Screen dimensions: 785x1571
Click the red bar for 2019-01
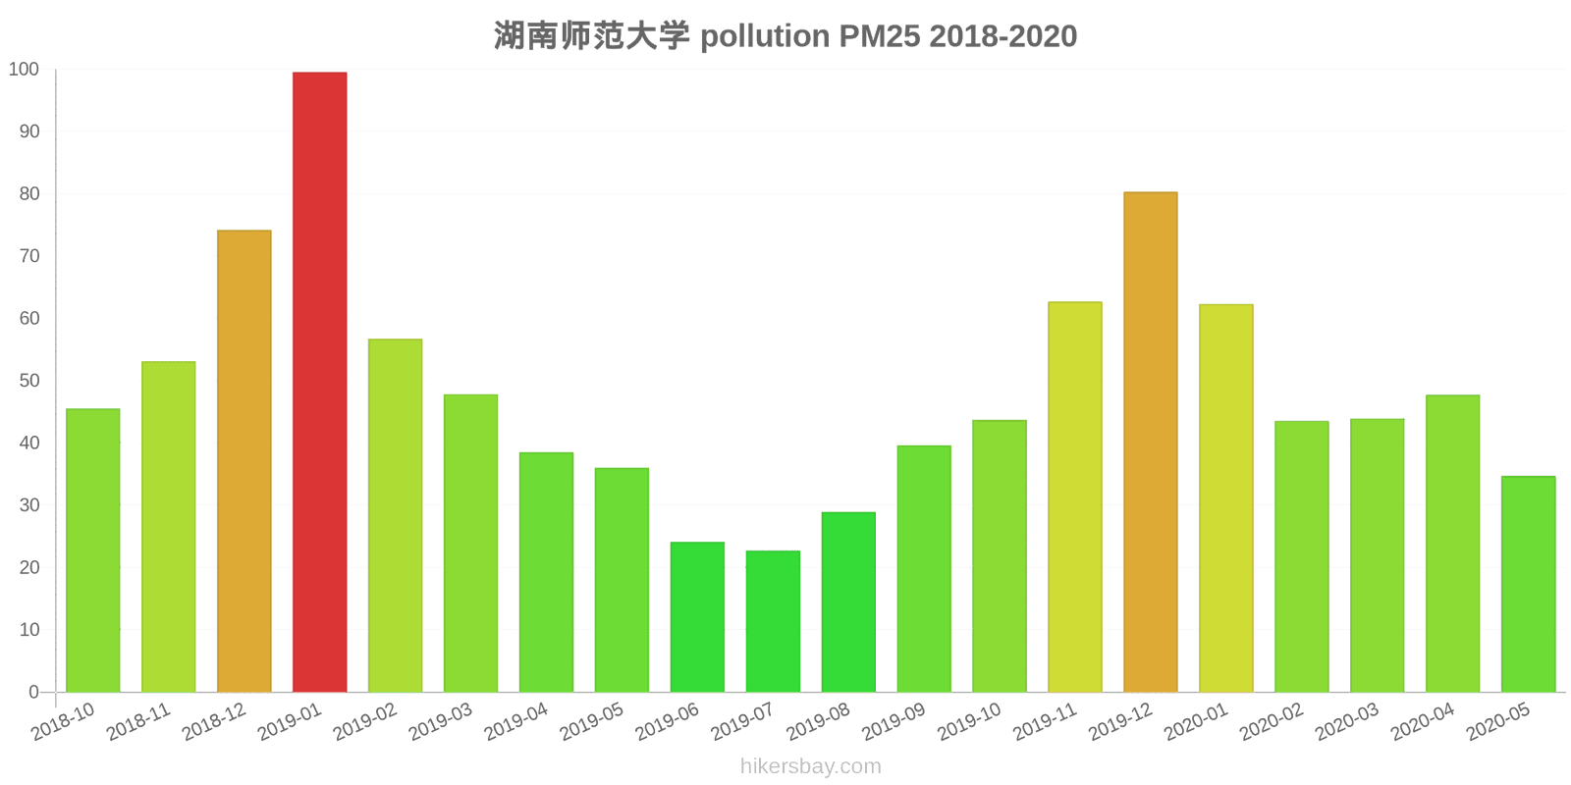coord(319,382)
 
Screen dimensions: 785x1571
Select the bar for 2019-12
coord(1150,442)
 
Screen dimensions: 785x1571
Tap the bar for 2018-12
coord(244,461)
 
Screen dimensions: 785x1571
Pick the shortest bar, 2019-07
coord(773,621)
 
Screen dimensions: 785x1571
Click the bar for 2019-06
coord(697,616)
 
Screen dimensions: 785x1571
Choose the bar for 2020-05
coord(1528,584)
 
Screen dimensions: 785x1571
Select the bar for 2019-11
coord(1074,497)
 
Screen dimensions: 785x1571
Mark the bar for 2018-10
coord(93,549)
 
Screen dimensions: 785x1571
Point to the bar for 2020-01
coord(1225,497)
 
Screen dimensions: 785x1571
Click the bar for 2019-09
coord(924,568)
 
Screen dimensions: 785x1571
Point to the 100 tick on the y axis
coord(24,70)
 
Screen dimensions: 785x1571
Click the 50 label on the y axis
coord(28,381)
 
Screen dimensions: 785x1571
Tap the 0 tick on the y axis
coord(34,692)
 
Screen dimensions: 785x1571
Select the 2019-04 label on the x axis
coord(516,722)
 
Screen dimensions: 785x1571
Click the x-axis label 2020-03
coord(1347,722)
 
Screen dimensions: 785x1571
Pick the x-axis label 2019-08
coord(818,722)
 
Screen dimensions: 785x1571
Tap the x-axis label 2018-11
coord(138,722)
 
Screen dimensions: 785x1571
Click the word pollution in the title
coord(765,36)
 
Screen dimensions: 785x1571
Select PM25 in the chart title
coord(879,36)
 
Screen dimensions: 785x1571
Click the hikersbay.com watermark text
coord(810,766)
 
